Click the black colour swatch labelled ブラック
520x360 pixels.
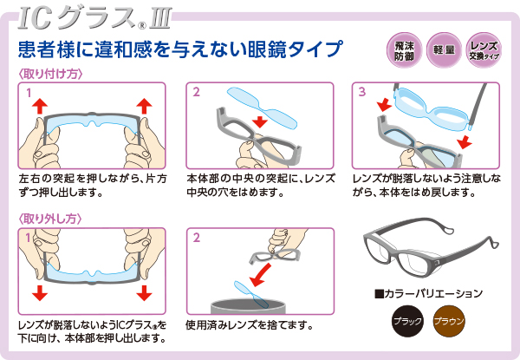click(x=407, y=321)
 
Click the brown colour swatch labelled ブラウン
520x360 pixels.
click(x=449, y=321)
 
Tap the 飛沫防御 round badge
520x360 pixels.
click(x=404, y=51)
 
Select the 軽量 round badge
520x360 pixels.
click(x=444, y=51)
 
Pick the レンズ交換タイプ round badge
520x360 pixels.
click(x=484, y=51)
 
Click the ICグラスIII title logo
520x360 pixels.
click(x=95, y=19)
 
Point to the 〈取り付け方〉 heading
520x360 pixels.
click(x=50, y=74)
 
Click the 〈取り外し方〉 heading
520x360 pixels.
click(x=49, y=219)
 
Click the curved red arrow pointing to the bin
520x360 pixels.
click(x=260, y=275)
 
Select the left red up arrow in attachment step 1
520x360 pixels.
click(x=40, y=106)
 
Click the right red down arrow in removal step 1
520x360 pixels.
click(x=144, y=292)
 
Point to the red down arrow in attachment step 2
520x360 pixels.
click(x=260, y=121)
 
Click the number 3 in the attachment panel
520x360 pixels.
click(x=362, y=92)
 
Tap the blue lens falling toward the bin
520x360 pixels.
click(x=251, y=294)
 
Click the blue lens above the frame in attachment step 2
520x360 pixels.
click(x=262, y=108)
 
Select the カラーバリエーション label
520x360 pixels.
click(x=428, y=294)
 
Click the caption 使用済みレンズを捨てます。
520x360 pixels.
click(x=250, y=325)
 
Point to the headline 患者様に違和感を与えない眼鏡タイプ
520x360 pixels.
click(x=180, y=49)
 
